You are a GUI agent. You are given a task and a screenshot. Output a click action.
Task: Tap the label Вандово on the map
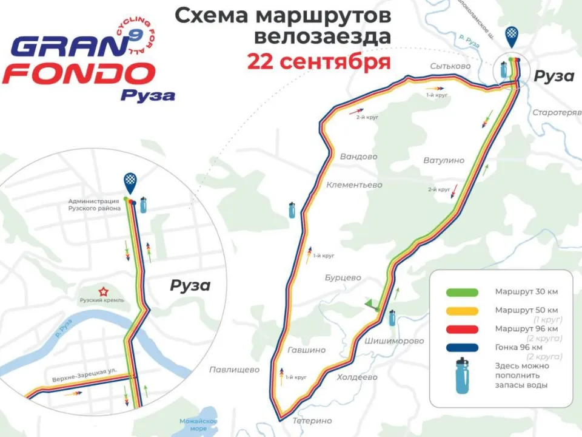[x=358, y=157]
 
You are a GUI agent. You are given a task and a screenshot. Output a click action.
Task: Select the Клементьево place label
[x=354, y=185]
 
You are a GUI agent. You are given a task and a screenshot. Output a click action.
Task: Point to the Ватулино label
[x=444, y=160]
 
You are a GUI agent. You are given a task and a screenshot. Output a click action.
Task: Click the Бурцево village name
[x=343, y=277]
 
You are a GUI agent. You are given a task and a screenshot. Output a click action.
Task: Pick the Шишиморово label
[x=394, y=340]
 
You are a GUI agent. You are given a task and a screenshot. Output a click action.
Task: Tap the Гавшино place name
[x=306, y=350]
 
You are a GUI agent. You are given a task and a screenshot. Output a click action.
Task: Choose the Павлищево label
[x=234, y=370]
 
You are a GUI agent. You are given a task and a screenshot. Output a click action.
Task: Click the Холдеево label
[x=356, y=377]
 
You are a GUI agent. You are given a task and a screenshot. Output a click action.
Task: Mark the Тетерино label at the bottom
[x=312, y=421]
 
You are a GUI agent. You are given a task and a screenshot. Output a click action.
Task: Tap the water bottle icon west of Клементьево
[x=292, y=209]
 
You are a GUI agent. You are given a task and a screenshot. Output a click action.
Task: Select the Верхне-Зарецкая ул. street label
[x=90, y=371]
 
